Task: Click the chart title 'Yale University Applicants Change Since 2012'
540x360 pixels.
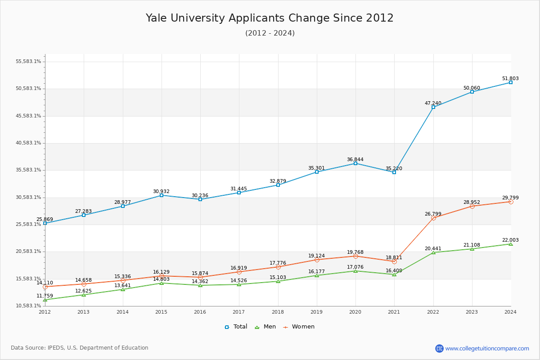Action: [x=270, y=18]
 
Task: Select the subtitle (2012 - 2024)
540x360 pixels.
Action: [x=270, y=33]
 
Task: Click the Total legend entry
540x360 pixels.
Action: [x=236, y=327]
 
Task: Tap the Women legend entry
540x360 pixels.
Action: [x=299, y=327]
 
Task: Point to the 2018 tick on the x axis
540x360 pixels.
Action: [x=278, y=311]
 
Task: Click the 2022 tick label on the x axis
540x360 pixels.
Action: [x=433, y=311]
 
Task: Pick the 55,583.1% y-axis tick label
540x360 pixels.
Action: [x=28, y=62]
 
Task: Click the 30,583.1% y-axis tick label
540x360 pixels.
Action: [x=28, y=198]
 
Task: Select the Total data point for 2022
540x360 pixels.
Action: [x=433, y=107]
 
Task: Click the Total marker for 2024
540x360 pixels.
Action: [x=511, y=82]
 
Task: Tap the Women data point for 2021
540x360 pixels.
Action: [x=394, y=261]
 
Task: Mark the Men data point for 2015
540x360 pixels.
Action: [x=162, y=283]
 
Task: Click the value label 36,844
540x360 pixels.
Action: [x=355, y=160]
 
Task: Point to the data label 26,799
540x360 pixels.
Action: [x=433, y=214]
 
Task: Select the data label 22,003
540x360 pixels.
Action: [x=510, y=240]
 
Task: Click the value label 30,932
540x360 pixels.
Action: [x=161, y=192]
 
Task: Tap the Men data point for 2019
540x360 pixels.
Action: [x=317, y=275]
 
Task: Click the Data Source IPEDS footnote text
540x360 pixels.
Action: [x=80, y=348]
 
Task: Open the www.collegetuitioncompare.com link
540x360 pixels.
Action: [x=487, y=348]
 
